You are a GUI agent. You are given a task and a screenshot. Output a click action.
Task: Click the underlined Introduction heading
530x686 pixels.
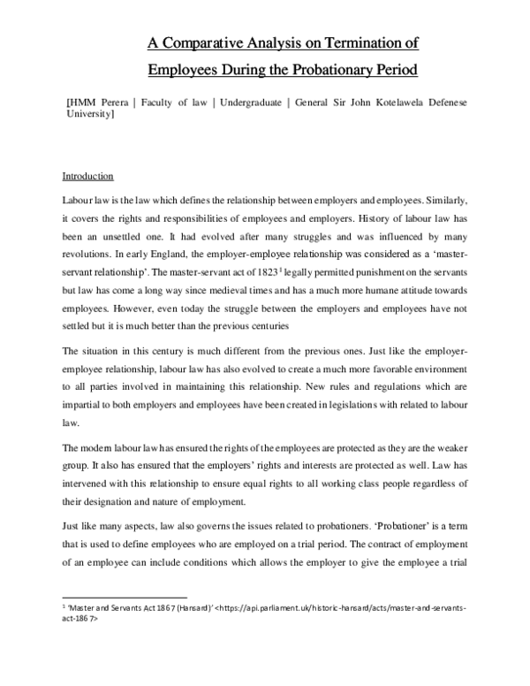point(89,175)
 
